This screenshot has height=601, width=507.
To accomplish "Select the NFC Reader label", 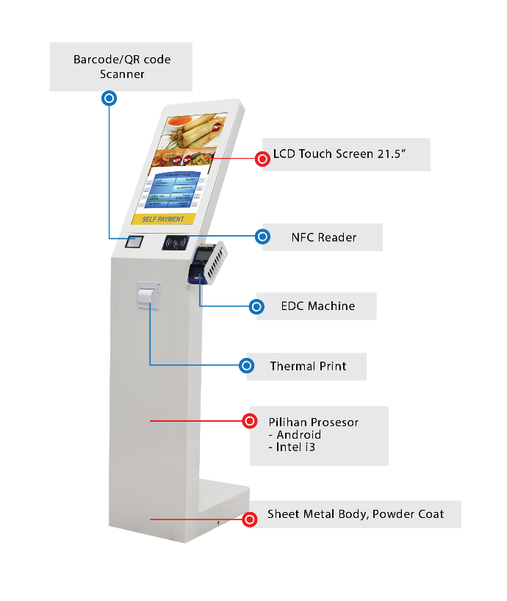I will tap(323, 237).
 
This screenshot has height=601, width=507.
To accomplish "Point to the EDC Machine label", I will tap(317, 306).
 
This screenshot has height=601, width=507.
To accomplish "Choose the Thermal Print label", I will tap(307, 366).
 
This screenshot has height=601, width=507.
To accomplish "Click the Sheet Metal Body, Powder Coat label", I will tap(355, 514).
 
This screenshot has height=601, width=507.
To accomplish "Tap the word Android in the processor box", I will tap(298, 435).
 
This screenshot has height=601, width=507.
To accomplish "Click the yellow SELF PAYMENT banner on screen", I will tap(164, 219).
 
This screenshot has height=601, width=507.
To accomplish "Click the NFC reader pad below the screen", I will tap(176, 242).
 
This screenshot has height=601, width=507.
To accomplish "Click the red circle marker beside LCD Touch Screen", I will tap(262, 158).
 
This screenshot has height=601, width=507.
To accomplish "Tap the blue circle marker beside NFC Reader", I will tap(262, 237).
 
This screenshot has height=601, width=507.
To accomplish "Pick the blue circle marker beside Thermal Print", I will tap(247, 365).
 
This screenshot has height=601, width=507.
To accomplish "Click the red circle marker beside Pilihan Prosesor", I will tap(250, 421).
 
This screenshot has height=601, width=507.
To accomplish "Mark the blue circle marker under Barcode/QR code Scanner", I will tap(109, 98).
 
